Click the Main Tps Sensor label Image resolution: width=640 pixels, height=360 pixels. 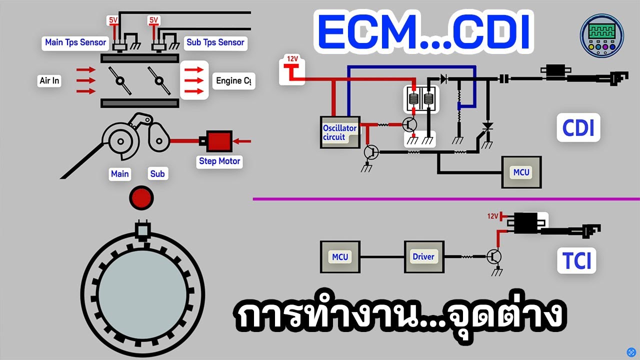(x=75, y=42)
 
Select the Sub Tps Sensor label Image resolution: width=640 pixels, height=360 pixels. (x=215, y=42)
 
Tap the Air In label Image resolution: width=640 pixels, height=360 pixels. (x=49, y=80)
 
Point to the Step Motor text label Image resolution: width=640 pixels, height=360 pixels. (x=219, y=161)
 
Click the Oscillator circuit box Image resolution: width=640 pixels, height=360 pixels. (x=339, y=132)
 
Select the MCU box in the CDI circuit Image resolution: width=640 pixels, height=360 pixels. (x=521, y=172)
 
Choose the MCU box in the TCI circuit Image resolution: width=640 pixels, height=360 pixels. (x=340, y=257)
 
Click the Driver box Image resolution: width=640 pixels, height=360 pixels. (x=423, y=257)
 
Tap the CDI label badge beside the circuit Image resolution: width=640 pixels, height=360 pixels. (x=578, y=128)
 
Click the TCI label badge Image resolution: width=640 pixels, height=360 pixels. (x=577, y=260)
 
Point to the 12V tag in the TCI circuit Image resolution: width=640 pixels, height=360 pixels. (x=492, y=216)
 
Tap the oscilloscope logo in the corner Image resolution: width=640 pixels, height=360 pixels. (x=601, y=35)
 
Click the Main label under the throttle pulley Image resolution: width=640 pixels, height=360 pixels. (x=119, y=174)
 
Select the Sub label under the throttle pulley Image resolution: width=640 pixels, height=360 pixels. (x=157, y=174)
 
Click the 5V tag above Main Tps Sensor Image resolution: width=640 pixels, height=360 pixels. (x=112, y=20)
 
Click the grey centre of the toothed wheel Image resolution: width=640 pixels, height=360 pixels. (x=142, y=289)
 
